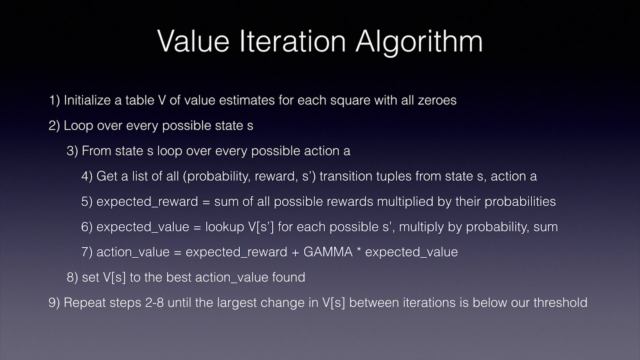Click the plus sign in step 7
coord(296,252)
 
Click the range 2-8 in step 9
coord(148,302)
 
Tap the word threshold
coord(560,302)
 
